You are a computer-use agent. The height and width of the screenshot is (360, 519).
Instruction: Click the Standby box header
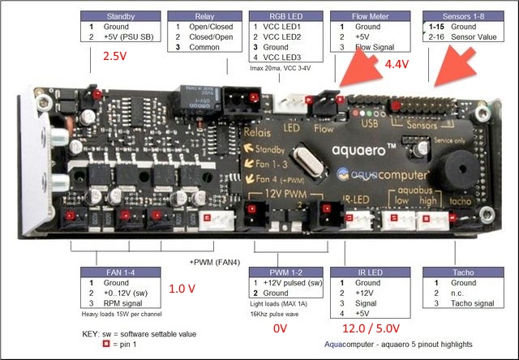point(120,16)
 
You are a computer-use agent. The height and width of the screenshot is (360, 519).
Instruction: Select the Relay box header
point(204,16)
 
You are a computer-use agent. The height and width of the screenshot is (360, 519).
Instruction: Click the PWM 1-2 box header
point(286,272)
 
